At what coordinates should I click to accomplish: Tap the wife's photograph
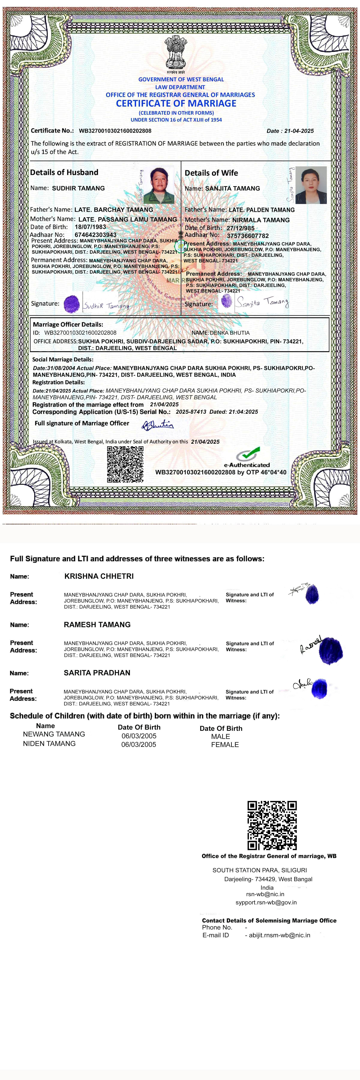coord(311,185)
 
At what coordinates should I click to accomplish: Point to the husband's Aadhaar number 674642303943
coord(96,235)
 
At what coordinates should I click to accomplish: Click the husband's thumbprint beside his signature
coord(72,304)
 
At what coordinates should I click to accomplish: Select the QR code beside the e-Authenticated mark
coord(125,464)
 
